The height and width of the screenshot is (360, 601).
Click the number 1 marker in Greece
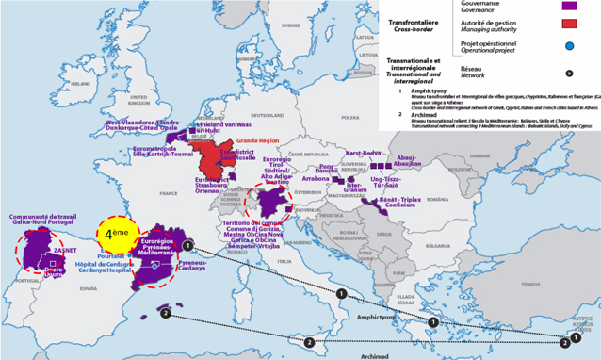click(x=433, y=322)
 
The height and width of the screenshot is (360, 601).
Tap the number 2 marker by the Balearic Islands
click(x=166, y=312)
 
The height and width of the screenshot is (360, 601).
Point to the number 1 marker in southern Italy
click(x=341, y=294)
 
